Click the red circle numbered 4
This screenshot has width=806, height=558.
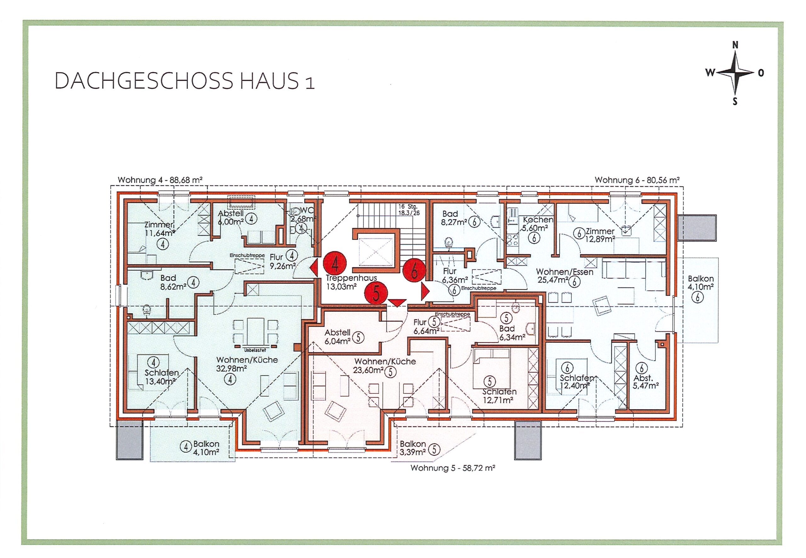[334, 263]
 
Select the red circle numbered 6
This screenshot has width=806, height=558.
[414, 271]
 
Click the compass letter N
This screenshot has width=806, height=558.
[735, 45]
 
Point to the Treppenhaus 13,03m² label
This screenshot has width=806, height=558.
[351, 282]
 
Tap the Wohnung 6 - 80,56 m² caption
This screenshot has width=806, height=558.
[637, 180]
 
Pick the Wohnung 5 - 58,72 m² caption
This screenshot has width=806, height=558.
[453, 468]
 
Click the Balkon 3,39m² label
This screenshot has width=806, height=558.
[413, 448]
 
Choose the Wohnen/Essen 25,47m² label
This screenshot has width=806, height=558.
[565, 276]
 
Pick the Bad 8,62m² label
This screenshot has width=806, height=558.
[168, 282]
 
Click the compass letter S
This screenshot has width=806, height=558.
[735, 101]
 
